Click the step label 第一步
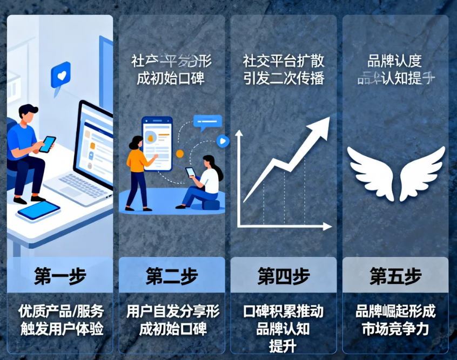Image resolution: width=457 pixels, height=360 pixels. click(60, 276)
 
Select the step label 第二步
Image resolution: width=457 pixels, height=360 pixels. click(171, 276)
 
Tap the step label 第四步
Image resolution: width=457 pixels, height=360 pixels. click(283, 276)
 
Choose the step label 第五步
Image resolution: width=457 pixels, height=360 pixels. click(395, 276)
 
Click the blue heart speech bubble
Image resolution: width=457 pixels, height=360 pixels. click(61, 75)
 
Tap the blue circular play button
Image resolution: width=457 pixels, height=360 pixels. click(223, 141)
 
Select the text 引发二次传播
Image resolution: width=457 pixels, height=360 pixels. click(283, 78)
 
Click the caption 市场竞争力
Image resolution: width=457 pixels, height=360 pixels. click(395, 329)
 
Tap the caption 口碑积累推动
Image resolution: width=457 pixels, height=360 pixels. click(283, 311)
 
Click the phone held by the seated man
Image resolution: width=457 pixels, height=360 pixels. click(48, 144)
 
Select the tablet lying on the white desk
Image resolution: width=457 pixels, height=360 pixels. click(38, 210)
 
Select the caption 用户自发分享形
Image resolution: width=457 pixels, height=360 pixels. click(172, 311)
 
